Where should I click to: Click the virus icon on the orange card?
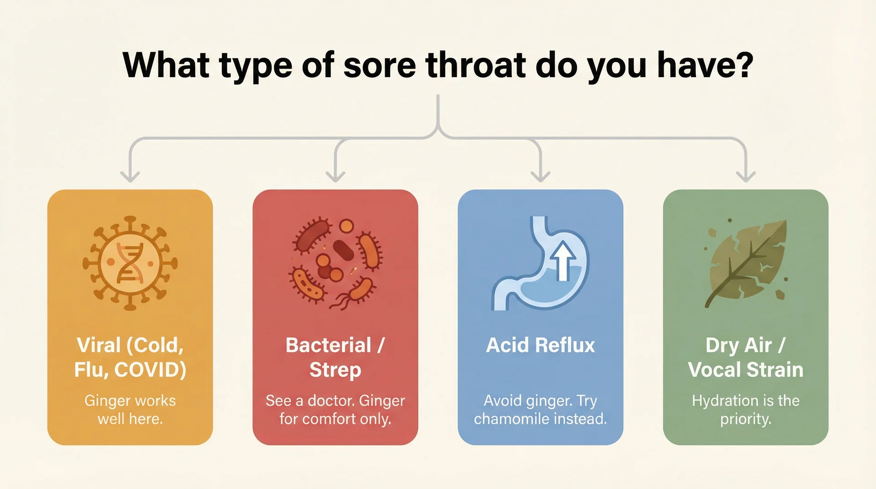tap(130, 263)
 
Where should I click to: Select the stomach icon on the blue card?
tap(541, 264)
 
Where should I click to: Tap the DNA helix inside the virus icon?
tap(130, 264)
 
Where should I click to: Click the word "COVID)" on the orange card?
tap(150, 370)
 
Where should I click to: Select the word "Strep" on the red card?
tap(335, 370)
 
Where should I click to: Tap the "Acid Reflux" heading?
tap(541, 345)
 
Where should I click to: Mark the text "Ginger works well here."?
tap(130, 410)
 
